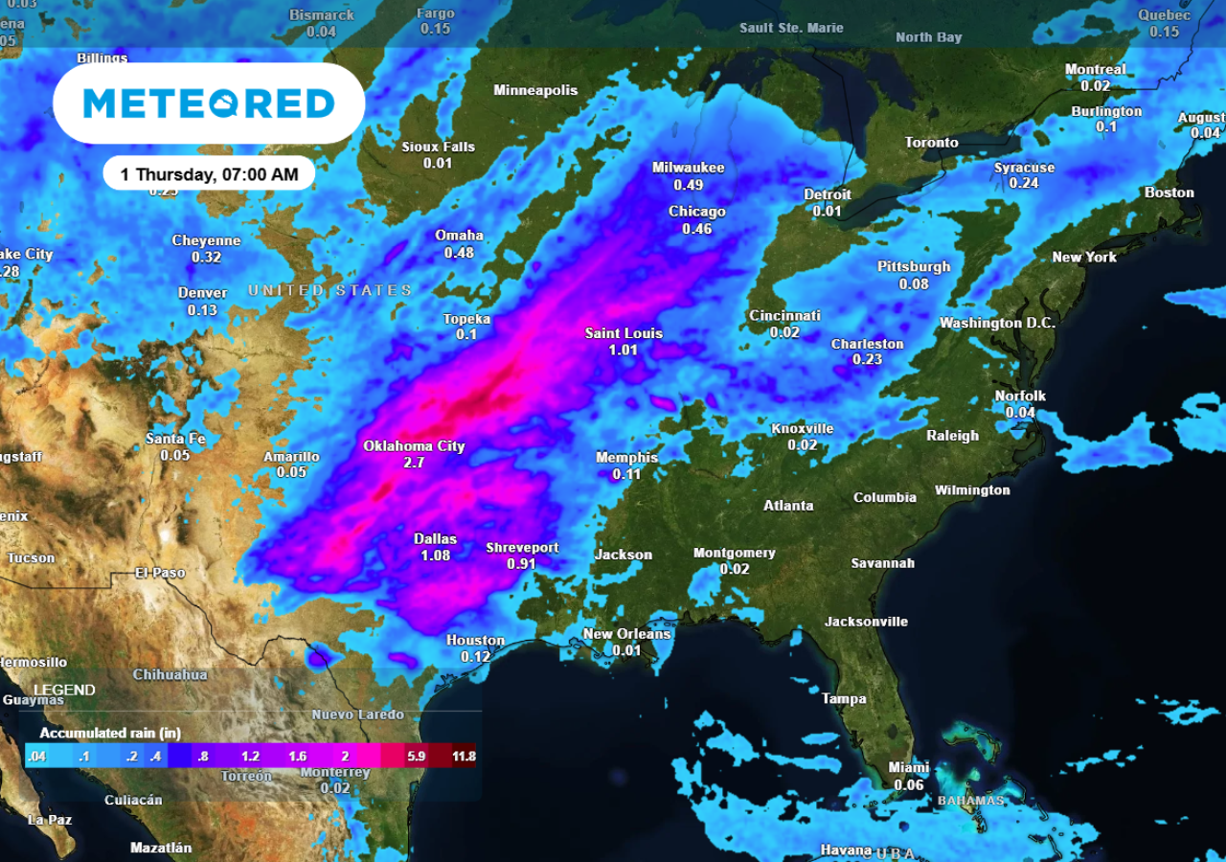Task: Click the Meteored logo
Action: pos(209,103)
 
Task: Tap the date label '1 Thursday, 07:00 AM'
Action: pos(209,174)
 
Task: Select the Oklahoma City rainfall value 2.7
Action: pos(414,463)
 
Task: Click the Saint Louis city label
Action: pos(624,333)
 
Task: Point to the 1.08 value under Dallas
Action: pos(435,556)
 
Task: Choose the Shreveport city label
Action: pos(522,548)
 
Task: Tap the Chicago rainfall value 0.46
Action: pos(696,229)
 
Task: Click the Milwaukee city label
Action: pos(688,168)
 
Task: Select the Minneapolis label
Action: pos(535,90)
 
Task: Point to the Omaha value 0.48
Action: pos(459,253)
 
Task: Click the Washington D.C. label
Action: pos(997,323)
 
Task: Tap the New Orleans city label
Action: pos(626,634)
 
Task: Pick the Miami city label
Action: pos(908,767)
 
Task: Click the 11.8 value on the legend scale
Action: pos(464,757)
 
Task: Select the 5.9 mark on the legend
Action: pos(416,757)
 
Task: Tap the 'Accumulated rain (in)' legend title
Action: pos(110,733)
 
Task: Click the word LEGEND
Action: pos(64,690)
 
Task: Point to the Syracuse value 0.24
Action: pos(1024,183)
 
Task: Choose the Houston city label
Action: pos(475,640)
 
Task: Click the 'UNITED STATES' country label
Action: pos(330,290)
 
